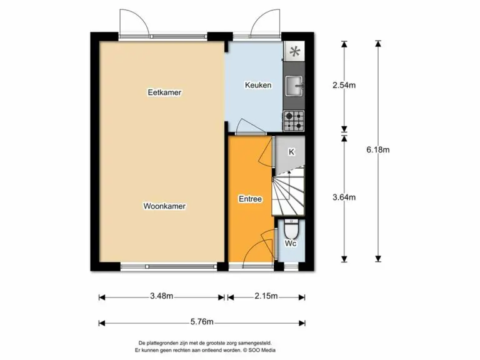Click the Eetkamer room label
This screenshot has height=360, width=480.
coord(164,92)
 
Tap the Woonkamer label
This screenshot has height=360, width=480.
coord(164,206)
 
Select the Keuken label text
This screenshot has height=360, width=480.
coord(258,85)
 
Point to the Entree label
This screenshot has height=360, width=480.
coord(250,199)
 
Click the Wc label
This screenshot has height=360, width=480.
coord(291,243)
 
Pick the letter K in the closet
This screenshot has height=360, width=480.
coord(291,152)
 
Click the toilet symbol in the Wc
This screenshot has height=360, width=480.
coord(291,229)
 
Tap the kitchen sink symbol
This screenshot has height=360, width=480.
coord(294,86)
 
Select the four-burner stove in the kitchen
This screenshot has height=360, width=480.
coord(294,121)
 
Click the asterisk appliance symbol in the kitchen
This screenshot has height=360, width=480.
coord(294,51)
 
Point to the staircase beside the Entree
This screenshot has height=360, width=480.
coord(288,191)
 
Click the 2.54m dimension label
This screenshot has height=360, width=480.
coord(344,85)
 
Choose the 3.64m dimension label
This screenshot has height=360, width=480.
coord(344,197)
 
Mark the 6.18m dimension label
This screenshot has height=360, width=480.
coord(378,150)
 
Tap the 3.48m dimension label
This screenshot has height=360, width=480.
coord(162,296)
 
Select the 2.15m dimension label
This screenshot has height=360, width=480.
coord(266,296)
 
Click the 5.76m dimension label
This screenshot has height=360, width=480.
coord(202,322)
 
